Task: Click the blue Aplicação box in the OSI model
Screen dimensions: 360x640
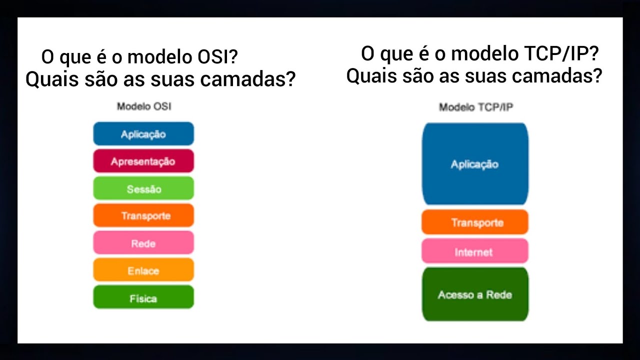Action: [x=143, y=134]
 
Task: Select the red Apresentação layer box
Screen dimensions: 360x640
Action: [x=143, y=161]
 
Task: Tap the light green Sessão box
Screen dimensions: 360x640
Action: [x=143, y=188]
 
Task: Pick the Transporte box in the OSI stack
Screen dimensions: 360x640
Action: [x=143, y=215]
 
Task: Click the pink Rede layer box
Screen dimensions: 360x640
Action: [x=143, y=243]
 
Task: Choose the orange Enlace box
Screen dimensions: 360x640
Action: [x=143, y=270]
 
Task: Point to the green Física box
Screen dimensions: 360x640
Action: [x=143, y=297]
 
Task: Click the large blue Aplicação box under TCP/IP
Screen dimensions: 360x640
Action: [x=475, y=164]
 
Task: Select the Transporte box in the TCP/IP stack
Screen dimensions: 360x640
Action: [x=475, y=222]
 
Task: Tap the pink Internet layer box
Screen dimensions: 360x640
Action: [x=475, y=251]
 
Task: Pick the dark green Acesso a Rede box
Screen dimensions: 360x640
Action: [x=475, y=294]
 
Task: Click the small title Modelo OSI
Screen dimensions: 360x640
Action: [x=144, y=106]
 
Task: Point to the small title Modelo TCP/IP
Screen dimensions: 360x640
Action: [x=475, y=107]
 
